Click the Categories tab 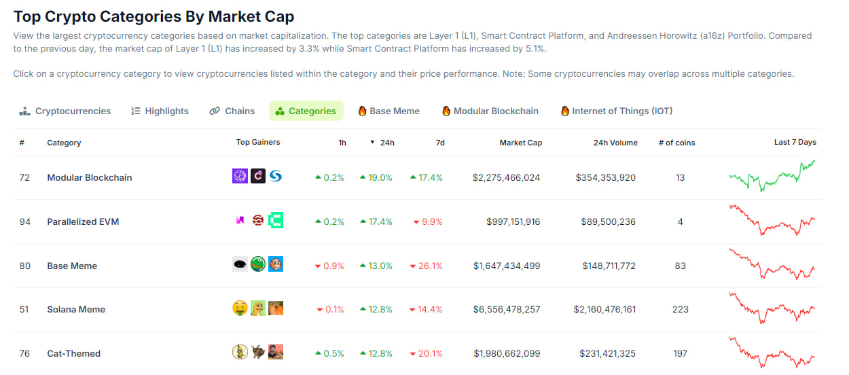(x=306, y=111)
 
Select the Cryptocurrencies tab (x=65, y=111)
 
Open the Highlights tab (x=160, y=111)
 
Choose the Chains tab (x=232, y=111)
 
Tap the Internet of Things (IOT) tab (x=617, y=111)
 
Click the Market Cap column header (x=520, y=143)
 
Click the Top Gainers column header (x=257, y=143)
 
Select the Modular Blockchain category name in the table (x=90, y=177)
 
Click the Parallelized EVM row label (x=83, y=221)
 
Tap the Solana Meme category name (x=76, y=309)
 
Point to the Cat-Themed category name (x=73, y=353)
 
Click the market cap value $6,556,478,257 (x=507, y=309)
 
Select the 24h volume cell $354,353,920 (x=605, y=177)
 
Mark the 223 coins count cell (x=680, y=309)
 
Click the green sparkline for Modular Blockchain (x=772, y=177)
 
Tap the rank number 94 (x=25, y=221)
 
